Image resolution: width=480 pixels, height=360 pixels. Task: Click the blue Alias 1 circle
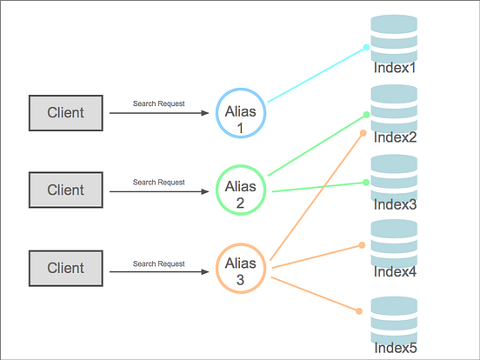click(241, 113)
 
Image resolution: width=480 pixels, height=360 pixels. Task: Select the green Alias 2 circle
click(241, 190)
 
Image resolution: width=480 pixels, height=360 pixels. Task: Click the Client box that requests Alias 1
click(65, 113)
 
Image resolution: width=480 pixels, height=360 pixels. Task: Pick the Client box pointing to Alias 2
click(65, 190)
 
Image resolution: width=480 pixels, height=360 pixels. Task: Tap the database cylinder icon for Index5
click(394, 319)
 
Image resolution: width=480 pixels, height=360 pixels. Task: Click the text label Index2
click(395, 137)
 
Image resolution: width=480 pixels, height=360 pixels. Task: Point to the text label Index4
click(395, 271)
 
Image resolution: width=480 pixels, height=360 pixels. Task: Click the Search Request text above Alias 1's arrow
click(158, 103)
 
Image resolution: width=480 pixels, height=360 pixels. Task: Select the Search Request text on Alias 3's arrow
click(158, 263)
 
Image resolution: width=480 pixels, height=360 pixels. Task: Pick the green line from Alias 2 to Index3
click(317, 187)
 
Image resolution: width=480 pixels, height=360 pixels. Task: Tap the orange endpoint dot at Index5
click(361, 311)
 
